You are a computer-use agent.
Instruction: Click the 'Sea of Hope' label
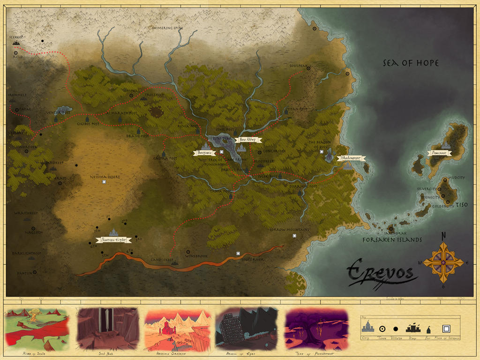tap(411, 63)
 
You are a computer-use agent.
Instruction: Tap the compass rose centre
tap(443, 262)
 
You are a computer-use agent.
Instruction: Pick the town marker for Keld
tap(16, 53)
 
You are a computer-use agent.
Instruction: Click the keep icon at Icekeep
tap(16, 43)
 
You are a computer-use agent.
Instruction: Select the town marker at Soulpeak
tap(308, 68)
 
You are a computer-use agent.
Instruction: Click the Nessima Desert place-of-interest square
tap(104, 182)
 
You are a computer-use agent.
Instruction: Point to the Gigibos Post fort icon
tap(87, 120)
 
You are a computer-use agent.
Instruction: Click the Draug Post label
tap(137, 136)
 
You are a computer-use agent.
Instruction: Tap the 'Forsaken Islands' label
tap(392, 240)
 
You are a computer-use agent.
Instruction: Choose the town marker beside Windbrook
tap(188, 252)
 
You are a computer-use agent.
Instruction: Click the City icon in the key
tap(368, 326)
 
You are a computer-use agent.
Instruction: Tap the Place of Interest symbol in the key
tap(446, 329)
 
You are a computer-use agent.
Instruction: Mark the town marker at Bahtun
tap(34, 272)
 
